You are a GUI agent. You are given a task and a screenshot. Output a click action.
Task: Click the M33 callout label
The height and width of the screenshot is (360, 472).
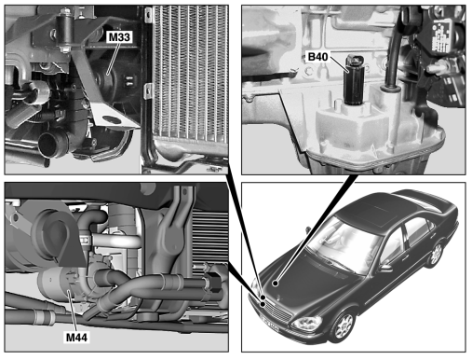click(119, 37)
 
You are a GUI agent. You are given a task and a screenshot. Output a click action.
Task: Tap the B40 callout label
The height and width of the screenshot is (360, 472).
click(317, 57)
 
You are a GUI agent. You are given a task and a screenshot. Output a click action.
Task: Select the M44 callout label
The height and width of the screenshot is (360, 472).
click(77, 338)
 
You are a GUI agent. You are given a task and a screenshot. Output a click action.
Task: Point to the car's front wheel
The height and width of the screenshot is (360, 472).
click(344, 325)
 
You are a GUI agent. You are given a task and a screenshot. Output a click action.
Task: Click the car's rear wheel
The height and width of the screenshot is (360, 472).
click(436, 254)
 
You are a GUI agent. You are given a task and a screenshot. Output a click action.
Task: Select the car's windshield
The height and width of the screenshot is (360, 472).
click(342, 241)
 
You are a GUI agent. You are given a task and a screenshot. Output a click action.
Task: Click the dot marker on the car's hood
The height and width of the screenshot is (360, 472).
click(275, 283)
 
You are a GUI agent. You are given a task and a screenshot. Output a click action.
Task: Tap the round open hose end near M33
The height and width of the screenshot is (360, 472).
click(49, 145)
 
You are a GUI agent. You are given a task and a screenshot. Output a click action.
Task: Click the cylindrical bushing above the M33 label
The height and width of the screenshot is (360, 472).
click(65, 31)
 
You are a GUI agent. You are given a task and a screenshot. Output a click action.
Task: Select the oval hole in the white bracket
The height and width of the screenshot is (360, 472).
click(110, 119)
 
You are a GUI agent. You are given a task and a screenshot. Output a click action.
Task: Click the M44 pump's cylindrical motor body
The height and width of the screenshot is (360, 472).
click(58, 284)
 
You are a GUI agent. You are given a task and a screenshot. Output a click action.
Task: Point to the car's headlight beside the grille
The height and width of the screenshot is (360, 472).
click(305, 324)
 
